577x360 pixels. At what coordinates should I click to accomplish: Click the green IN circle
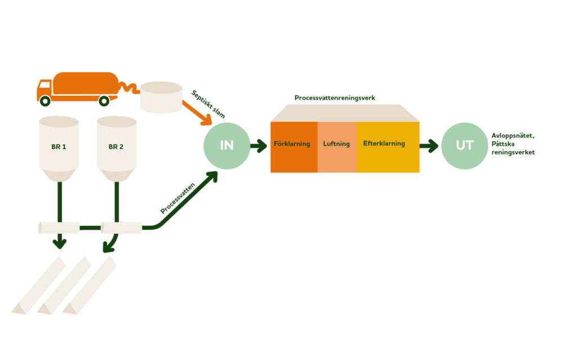click(x=227, y=146)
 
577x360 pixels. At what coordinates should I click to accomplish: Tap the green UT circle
click(x=464, y=146)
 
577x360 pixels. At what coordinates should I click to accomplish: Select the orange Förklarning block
click(x=294, y=147)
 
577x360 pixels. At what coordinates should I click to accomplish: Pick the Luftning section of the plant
click(x=337, y=147)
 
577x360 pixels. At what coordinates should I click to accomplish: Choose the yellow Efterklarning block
click(x=388, y=147)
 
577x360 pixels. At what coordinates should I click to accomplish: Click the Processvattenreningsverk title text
click(x=335, y=98)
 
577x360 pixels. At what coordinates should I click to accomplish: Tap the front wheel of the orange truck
click(x=45, y=100)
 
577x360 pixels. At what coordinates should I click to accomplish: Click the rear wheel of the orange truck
click(x=104, y=100)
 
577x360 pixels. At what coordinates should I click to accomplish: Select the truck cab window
click(x=45, y=85)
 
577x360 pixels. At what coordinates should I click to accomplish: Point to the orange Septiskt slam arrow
click(x=197, y=113)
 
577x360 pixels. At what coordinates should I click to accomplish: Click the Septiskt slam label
click(x=208, y=104)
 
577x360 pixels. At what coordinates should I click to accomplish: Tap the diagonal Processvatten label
click(x=177, y=198)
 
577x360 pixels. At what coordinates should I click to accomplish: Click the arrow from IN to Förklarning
click(x=259, y=146)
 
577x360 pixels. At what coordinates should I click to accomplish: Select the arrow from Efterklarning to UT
click(x=429, y=146)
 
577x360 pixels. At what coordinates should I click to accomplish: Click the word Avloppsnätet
click(x=513, y=135)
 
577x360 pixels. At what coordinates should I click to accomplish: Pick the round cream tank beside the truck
click(x=161, y=97)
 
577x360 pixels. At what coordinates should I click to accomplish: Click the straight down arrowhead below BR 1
click(x=60, y=243)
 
